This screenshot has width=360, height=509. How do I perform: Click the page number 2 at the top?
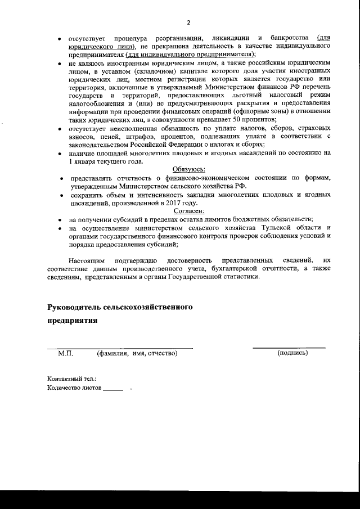point(188,22)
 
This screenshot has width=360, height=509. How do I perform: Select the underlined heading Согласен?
point(188,210)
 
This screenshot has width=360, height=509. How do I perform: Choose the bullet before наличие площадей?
point(60,154)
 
